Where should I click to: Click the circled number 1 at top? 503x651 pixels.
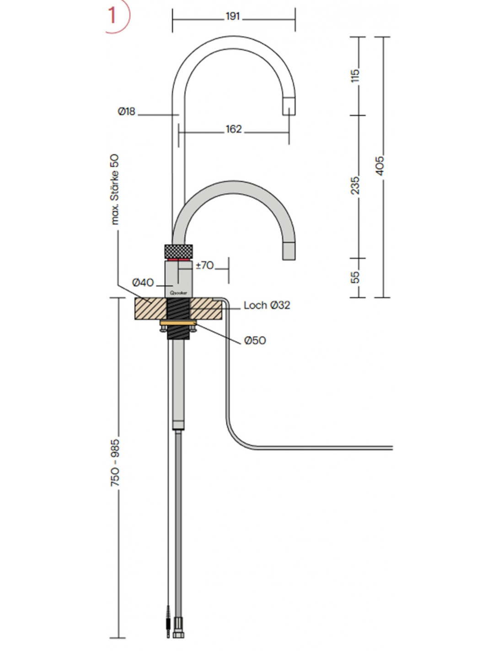[x=115, y=15]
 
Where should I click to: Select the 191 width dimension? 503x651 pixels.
[x=233, y=16]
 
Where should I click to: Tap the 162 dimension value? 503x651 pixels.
[x=233, y=129]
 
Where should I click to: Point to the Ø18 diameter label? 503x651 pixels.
[x=127, y=112]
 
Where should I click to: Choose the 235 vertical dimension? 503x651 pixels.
[x=355, y=185]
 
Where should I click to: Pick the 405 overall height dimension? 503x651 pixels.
[x=380, y=166]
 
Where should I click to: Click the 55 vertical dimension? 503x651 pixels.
[x=355, y=277]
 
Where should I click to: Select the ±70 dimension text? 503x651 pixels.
[x=205, y=265]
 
